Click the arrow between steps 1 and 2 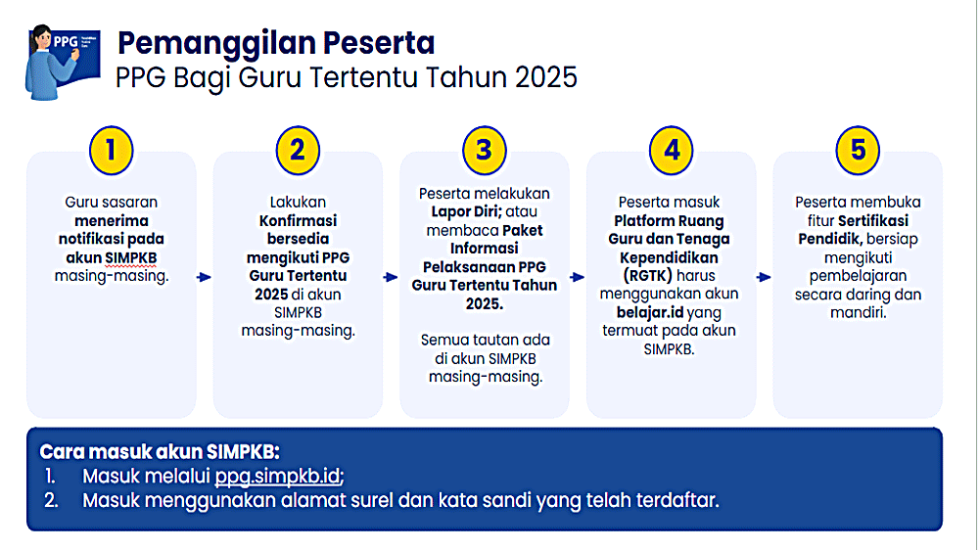coord(204,278)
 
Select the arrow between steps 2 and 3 coord(391,278)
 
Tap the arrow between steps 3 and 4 coord(578,278)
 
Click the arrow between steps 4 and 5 coord(764,278)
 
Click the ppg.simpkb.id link coord(278,477)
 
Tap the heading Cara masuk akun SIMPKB coord(160,452)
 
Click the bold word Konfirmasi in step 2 coord(298,220)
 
